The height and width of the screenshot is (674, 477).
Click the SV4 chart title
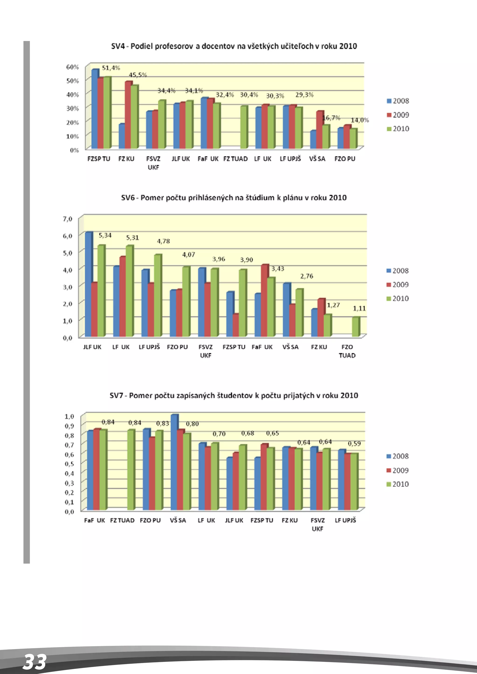234,46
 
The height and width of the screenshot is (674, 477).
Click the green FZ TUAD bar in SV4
243,127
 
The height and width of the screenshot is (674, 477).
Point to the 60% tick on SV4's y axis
72,67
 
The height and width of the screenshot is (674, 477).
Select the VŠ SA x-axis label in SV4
317,159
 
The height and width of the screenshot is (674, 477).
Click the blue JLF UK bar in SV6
88,284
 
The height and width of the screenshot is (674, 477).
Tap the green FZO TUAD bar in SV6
355,327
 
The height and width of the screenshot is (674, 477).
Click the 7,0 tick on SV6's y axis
68,219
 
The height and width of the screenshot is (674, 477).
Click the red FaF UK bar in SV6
265,301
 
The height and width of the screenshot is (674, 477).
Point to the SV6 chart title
234,198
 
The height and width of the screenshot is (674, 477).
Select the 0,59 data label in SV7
354,444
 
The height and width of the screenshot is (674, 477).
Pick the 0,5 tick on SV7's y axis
69,464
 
